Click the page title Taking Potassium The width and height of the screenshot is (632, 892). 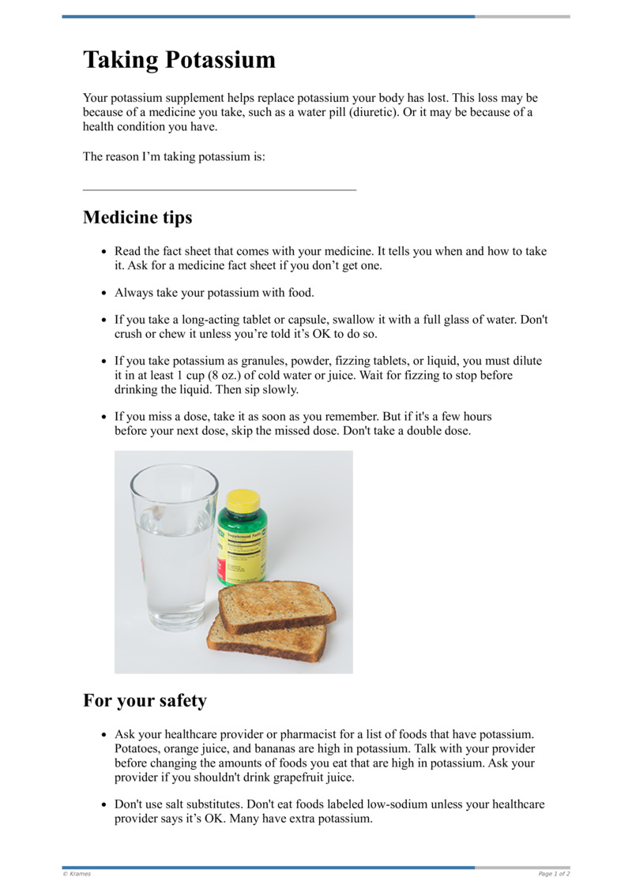[x=179, y=61]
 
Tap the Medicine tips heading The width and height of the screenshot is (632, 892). [x=137, y=217]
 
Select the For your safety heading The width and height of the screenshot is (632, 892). [x=145, y=700]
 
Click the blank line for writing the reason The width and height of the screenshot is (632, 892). [x=220, y=189]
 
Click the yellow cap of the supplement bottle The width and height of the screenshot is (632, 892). [x=243, y=500]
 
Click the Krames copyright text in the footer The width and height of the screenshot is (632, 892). [x=77, y=874]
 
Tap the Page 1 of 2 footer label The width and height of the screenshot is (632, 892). [x=554, y=874]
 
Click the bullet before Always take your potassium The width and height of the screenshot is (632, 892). [x=103, y=293]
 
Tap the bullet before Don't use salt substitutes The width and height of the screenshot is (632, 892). [x=103, y=804]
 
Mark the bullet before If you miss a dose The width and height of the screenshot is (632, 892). [x=103, y=416]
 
